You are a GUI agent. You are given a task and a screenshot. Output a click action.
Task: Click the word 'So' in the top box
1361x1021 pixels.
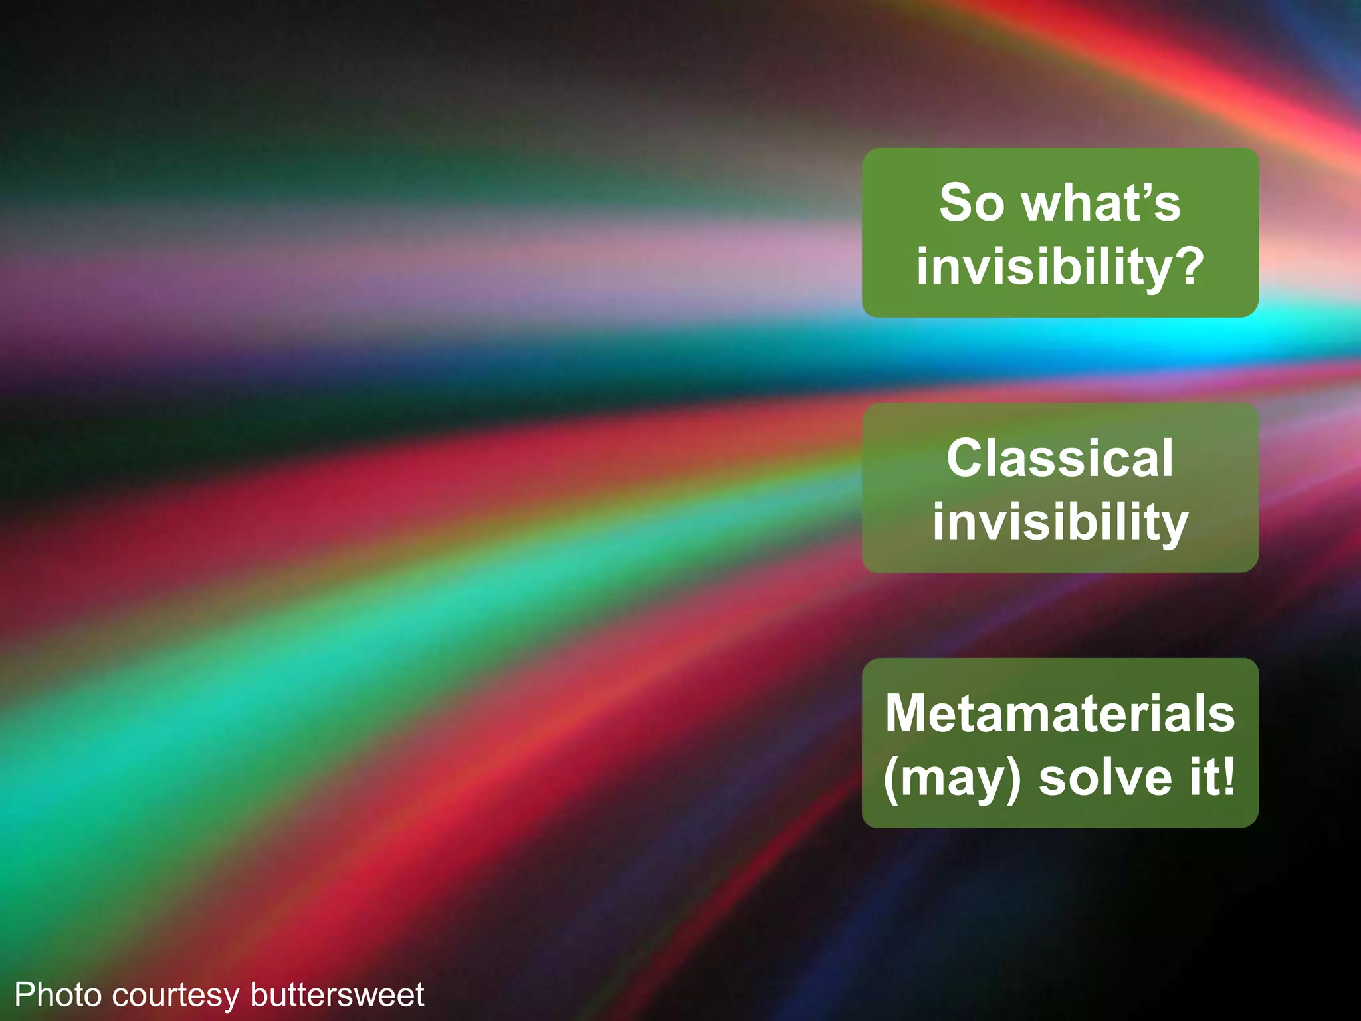point(971,203)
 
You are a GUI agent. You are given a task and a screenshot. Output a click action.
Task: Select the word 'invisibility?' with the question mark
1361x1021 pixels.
point(1060,267)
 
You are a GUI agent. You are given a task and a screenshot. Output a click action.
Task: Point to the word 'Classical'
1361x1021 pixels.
point(1060,458)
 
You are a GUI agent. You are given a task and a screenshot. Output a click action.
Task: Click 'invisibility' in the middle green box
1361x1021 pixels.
point(1060,522)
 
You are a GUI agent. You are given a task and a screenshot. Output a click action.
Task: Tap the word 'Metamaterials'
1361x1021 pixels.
point(1060,713)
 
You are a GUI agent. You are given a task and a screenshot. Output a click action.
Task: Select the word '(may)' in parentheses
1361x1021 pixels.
point(952,778)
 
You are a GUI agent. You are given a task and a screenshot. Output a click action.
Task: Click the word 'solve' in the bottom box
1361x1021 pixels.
point(1106,777)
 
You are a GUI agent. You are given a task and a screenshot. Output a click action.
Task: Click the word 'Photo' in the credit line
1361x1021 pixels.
point(58,995)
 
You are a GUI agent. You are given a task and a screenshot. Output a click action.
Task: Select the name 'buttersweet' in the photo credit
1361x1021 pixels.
point(337,995)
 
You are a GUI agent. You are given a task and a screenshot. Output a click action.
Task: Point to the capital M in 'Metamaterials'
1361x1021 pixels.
point(908,713)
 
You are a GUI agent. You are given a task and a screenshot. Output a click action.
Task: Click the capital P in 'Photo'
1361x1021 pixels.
point(24,995)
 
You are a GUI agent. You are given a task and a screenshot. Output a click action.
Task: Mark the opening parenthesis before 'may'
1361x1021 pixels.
point(891,779)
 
